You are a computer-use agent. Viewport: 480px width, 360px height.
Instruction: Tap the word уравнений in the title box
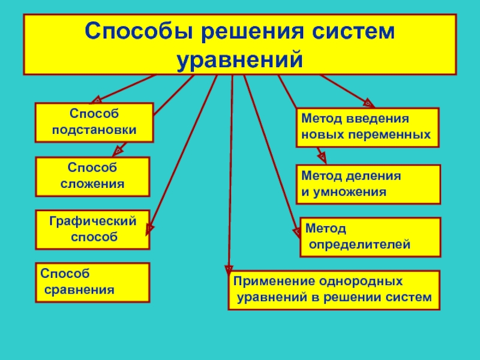tap(239, 60)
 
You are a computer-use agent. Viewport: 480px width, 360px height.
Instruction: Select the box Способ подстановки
tap(94, 122)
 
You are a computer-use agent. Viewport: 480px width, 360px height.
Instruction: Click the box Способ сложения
tap(92, 176)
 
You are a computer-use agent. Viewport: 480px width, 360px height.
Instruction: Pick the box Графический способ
tap(92, 230)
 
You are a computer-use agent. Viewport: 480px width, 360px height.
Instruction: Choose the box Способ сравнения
tap(92, 282)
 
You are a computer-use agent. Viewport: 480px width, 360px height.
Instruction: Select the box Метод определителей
tap(370, 237)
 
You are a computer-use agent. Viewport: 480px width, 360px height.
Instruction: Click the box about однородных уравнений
tap(334, 290)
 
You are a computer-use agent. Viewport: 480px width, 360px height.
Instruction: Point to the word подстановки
tap(94, 130)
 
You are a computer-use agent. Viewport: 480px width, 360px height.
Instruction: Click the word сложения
tap(92, 184)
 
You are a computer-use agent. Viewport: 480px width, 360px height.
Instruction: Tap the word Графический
tap(93, 222)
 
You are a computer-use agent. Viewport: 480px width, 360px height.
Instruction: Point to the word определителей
tap(359, 245)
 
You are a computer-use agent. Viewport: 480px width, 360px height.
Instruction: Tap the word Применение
tap(262, 281)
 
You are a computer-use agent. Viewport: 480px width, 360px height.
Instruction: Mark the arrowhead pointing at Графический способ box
tap(150, 228)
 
